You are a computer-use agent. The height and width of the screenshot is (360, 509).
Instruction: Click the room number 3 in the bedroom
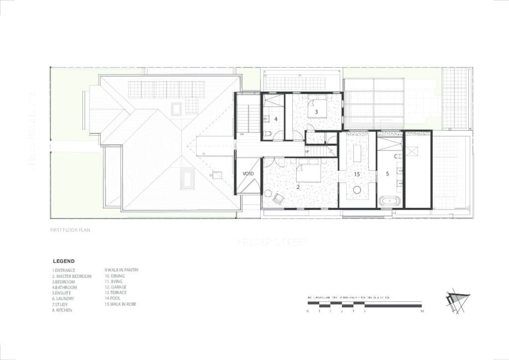coord(316,112)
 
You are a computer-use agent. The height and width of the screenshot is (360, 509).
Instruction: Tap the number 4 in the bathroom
coord(275,119)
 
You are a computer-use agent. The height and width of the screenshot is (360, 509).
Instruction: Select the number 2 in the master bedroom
coord(298,187)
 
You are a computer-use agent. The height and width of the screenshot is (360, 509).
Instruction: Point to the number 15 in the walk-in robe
coord(356,175)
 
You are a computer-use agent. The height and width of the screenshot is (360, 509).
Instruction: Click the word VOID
coord(248,174)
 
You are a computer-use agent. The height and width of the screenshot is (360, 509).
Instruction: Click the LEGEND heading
coord(64,261)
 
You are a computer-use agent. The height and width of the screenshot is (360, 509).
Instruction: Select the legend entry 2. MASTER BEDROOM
coord(72,276)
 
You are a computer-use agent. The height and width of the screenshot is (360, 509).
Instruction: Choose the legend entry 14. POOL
coord(112,298)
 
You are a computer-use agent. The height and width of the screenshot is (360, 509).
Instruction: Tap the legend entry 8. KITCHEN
coord(62,310)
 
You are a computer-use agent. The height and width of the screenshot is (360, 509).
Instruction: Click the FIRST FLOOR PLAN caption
coord(70,230)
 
